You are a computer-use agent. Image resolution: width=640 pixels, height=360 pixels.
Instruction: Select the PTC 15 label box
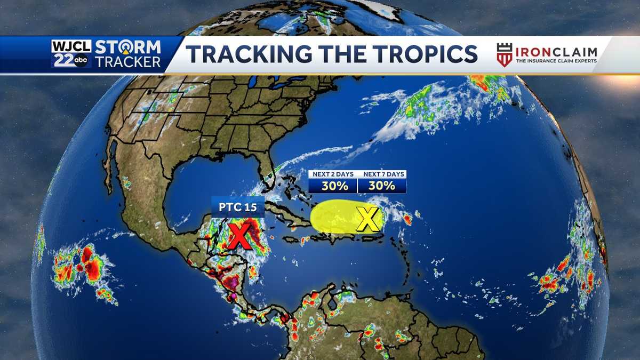click(x=238, y=206)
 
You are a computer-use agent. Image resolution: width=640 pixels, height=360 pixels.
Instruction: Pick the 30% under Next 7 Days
click(x=381, y=186)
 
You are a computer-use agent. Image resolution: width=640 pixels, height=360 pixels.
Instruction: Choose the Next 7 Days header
click(x=381, y=174)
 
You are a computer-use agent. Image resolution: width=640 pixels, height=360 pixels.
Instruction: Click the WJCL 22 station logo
click(x=70, y=53)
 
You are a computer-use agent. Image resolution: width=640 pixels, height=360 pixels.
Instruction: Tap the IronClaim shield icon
click(x=504, y=54)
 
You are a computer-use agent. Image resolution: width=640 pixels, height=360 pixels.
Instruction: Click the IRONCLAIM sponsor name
click(x=556, y=51)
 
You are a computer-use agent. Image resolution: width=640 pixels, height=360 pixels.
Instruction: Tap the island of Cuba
click(x=288, y=211)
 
